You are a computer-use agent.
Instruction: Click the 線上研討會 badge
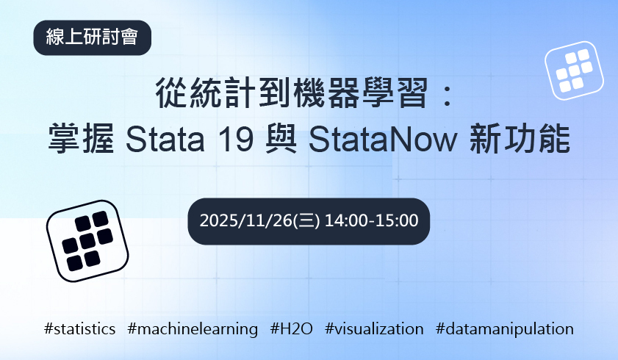[92, 37]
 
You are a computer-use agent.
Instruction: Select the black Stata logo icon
[87, 240]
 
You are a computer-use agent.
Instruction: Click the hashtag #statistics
[79, 328]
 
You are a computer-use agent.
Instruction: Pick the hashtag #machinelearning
[193, 328]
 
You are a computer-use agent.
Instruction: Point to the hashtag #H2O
[292, 328]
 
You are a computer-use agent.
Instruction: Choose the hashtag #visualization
[374, 328]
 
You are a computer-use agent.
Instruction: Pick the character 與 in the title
[279, 139]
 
